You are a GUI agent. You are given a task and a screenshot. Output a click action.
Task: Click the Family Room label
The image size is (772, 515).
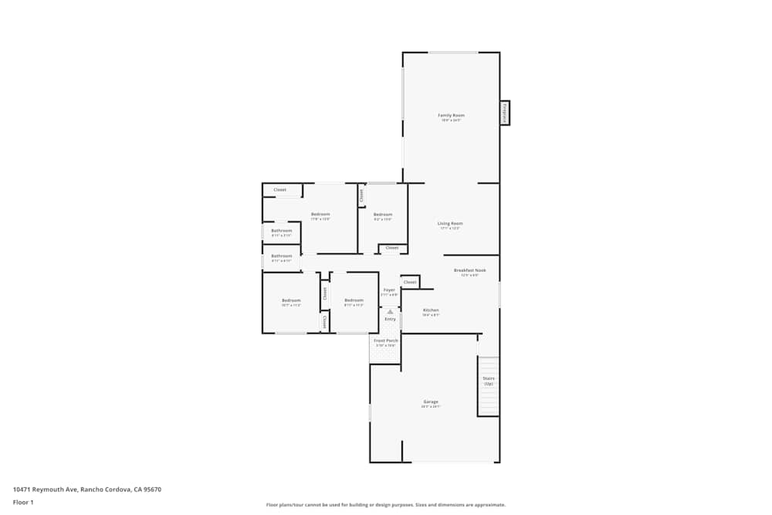(x=452, y=116)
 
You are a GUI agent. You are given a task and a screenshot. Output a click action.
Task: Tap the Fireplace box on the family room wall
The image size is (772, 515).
(x=505, y=113)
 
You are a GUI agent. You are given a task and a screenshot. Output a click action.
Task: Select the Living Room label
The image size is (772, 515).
(x=449, y=224)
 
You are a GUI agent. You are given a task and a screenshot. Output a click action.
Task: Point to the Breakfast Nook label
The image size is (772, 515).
(x=469, y=270)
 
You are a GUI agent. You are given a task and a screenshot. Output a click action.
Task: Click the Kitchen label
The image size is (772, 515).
(x=431, y=310)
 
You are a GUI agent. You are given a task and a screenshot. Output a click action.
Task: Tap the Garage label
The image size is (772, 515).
(x=431, y=402)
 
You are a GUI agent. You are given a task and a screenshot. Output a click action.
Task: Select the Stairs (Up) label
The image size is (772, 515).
(x=488, y=381)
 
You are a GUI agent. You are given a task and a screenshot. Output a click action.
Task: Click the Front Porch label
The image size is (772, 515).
(x=385, y=341)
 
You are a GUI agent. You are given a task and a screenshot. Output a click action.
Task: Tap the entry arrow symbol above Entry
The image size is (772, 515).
(x=390, y=312)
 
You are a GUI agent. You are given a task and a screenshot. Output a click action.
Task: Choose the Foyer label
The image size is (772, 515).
(x=389, y=290)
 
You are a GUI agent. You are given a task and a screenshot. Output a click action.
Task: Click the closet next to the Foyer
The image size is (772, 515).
(x=410, y=283)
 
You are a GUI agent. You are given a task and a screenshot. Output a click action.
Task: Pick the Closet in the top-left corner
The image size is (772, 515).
(x=279, y=190)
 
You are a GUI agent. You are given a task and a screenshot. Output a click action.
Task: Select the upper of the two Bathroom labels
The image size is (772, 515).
(x=281, y=231)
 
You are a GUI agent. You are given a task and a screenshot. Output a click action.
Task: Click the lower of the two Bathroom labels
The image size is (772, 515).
(x=281, y=256)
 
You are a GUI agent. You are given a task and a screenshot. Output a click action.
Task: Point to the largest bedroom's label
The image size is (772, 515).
(x=320, y=215)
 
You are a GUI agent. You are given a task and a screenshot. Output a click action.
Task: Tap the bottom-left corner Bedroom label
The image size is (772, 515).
(x=290, y=300)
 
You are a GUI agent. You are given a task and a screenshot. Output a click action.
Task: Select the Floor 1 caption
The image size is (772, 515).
(x=23, y=502)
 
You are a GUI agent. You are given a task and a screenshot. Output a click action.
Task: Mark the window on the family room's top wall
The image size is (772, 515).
(x=453, y=53)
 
